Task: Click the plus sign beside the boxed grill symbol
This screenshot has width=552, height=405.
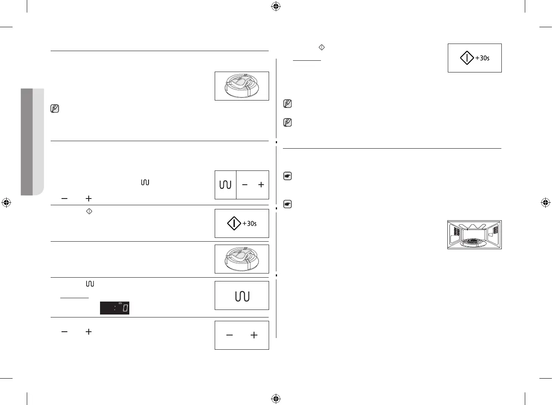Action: (x=261, y=185)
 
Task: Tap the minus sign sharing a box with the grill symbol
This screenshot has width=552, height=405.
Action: (x=245, y=185)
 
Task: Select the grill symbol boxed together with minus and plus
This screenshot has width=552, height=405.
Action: (x=225, y=185)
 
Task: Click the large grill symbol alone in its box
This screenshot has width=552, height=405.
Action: (x=242, y=296)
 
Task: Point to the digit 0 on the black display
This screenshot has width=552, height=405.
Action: (x=125, y=309)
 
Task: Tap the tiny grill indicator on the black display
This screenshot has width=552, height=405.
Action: (x=120, y=303)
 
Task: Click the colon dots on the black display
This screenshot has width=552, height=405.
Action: (x=114, y=309)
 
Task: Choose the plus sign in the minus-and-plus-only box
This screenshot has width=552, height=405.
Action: (x=254, y=335)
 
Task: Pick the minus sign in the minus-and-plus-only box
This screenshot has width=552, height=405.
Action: (x=229, y=335)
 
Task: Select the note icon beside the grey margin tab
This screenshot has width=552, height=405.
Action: (x=54, y=108)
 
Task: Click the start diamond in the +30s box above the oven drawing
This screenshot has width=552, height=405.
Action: (x=467, y=58)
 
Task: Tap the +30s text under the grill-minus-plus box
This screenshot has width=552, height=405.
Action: (x=250, y=224)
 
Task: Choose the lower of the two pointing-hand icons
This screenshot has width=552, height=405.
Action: (x=288, y=204)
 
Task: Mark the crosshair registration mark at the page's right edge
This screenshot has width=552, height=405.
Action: (x=545, y=203)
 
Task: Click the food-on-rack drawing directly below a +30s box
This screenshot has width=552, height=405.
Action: (x=242, y=259)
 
